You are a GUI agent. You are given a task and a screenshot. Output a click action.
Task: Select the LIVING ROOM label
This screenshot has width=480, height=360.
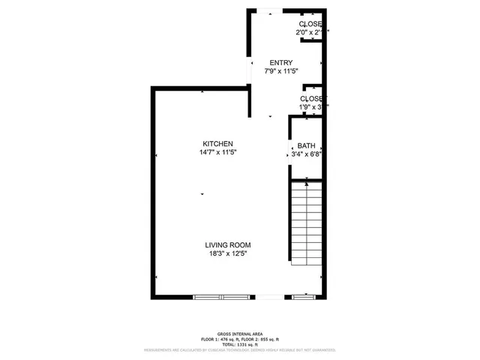pos(228,245)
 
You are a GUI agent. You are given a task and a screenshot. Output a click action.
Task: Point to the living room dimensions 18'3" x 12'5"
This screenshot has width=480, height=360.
pos(228,253)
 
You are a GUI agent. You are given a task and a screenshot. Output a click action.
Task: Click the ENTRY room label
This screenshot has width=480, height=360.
pos(281,63)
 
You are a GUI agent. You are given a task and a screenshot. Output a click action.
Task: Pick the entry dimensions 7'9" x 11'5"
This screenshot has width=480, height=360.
pos(281,71)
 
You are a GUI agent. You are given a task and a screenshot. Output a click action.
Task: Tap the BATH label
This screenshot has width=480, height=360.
pos(306,146)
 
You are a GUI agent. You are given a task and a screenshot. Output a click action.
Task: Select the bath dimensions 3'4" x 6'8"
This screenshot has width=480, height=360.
pos(306,154)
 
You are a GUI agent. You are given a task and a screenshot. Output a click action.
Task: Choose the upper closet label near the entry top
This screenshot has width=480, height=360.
pos(310,25)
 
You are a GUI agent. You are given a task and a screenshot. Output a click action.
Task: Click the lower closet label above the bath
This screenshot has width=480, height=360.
pos(312,99)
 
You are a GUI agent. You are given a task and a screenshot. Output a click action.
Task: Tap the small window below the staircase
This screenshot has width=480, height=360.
pos(304,297)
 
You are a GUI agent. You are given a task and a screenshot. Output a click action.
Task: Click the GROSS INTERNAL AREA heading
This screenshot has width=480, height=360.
pos(239,334)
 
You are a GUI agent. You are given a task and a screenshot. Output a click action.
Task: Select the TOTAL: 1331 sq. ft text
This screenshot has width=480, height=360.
pos(239,344)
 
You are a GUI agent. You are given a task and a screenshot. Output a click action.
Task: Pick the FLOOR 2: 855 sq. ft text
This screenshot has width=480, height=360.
pos(262,339)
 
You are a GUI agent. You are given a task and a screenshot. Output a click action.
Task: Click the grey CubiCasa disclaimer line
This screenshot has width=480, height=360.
pos(239,350)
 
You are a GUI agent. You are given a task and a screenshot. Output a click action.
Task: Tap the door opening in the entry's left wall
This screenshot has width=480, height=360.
pos(249,72)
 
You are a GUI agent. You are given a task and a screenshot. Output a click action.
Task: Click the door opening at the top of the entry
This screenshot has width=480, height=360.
pos(274,10)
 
